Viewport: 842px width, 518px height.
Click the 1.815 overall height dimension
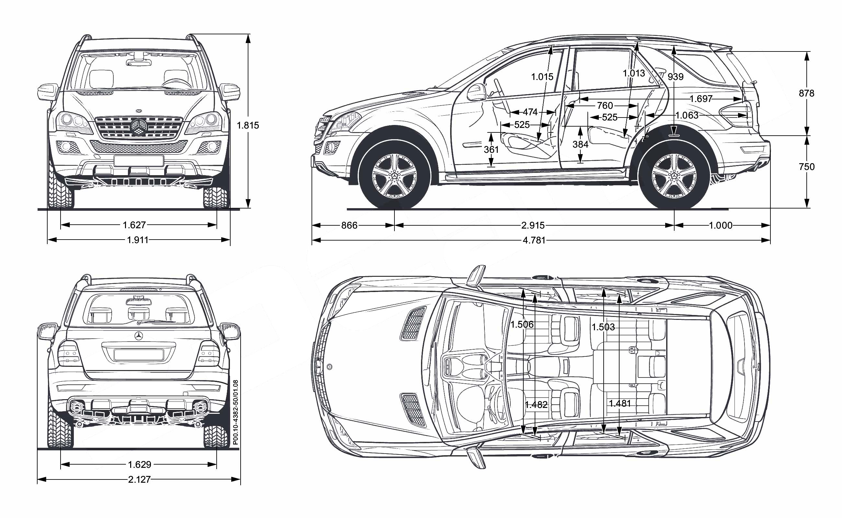click(248, 125)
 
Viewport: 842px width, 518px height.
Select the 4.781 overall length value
click(534, 240)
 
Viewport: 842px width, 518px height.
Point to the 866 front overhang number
click(349, 225)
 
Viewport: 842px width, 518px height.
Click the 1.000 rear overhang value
click(720, 225)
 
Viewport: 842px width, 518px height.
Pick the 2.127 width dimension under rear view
click(139, 479)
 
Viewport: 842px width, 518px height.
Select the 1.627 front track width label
click(134, 225)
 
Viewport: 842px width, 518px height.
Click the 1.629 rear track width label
click(140, 465)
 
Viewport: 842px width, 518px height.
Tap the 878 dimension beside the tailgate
click(806, 93)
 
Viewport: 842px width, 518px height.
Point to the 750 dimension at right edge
click(806, 167)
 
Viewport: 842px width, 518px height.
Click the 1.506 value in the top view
click(522, 324)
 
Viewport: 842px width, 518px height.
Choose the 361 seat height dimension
click(491, 149)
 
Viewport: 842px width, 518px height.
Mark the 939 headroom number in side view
click(676, 77)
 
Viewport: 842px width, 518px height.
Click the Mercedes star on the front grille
click(139, 127)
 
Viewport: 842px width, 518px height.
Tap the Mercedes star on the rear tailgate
click(139, 336)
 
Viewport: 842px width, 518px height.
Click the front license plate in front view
click(139, 161)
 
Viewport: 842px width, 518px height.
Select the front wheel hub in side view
click(394, 176)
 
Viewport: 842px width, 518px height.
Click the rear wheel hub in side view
click(674, 176)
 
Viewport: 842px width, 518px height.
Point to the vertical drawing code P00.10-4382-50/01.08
click(235, 412)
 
